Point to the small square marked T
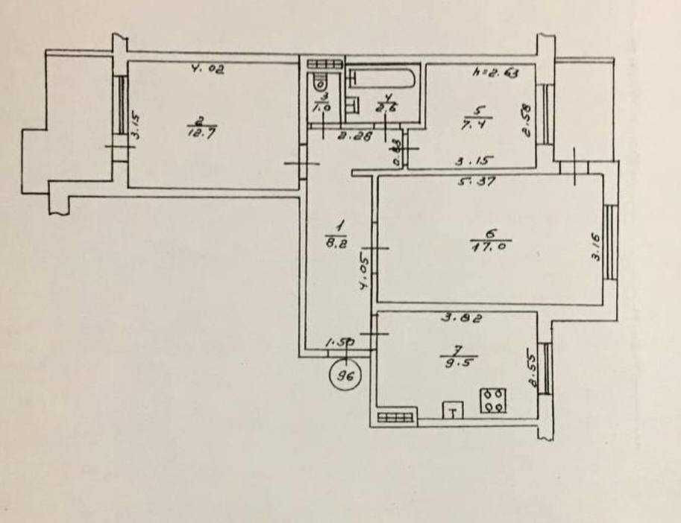[453, 409]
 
